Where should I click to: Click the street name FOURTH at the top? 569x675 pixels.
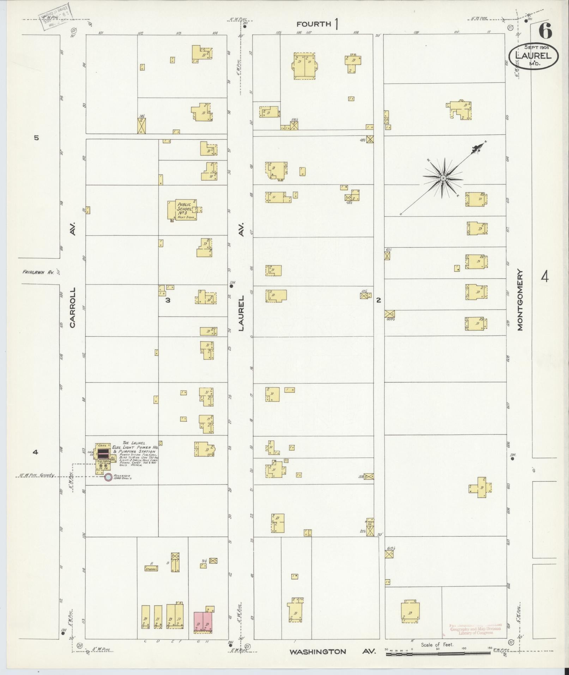tap(314, 24)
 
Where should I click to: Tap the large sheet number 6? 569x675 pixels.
tap(545, 32)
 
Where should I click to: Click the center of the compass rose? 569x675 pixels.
tap(443, 179)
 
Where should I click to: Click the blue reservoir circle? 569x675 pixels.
tap(109, 477)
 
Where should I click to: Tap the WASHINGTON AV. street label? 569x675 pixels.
tap(317, 652)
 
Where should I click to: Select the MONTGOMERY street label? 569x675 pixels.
tap(520, 300)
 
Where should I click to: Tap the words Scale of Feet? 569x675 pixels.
tap(437, 645)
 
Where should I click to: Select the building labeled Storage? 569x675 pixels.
tap(151, 568)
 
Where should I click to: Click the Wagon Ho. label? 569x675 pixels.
tap(369, 523)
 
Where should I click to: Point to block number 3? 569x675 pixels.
tap(168, 300)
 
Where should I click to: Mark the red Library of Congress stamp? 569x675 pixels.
tap(475, 628)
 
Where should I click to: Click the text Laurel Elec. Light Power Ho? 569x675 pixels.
tap(134, 447)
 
